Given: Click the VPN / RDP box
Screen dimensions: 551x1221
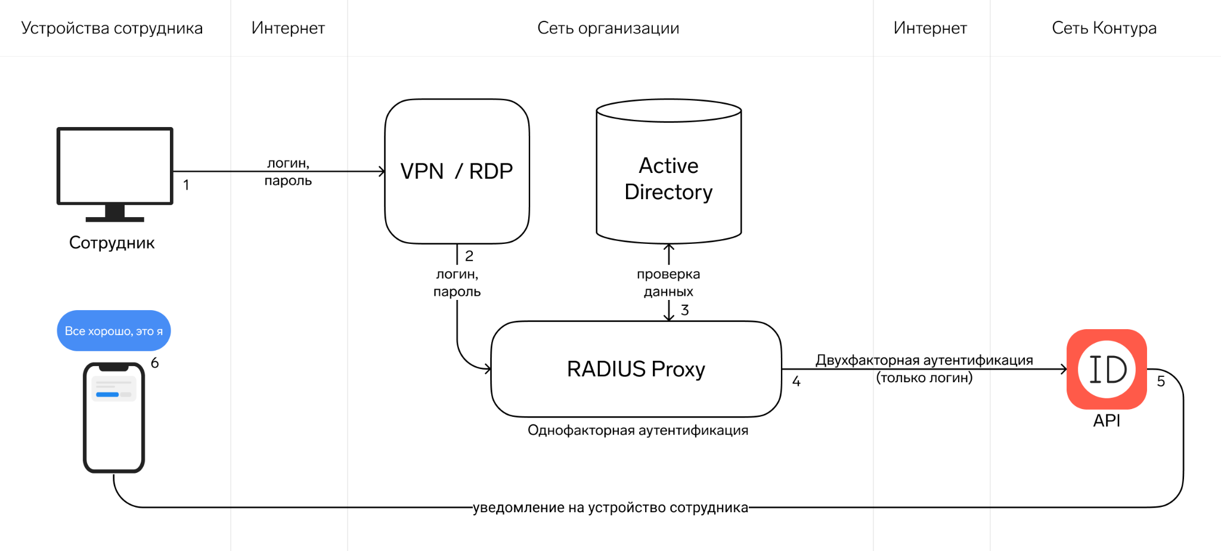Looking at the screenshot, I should point(457,171).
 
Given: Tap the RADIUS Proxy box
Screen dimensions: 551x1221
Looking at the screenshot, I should point(636,369).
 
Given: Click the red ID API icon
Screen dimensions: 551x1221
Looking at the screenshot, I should point(1107,369).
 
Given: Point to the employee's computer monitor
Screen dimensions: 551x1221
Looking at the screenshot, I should point(114,167).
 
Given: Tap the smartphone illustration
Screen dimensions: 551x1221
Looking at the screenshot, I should point(114,417).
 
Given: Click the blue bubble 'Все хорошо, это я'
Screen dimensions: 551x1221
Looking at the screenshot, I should point(114,331).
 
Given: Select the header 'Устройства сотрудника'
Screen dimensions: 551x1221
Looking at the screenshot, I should point(112,28).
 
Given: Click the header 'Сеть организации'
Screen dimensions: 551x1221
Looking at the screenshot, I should point(608,28).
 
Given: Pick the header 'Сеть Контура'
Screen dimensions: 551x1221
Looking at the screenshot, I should point(1104,28).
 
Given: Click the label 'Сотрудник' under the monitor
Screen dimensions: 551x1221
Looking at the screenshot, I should point(112,243).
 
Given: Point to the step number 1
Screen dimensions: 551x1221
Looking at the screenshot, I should point(186,185).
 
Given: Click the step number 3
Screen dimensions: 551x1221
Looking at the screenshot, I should point(685,310).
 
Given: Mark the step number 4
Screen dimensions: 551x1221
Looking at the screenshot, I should point(796,382).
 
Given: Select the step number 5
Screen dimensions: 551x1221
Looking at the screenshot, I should point(1161,382).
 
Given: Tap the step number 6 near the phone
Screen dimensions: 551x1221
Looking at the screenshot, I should point(155,363).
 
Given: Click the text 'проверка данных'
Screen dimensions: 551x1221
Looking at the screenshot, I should point(668,283).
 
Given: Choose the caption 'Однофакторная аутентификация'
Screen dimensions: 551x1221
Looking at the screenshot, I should point(638,431).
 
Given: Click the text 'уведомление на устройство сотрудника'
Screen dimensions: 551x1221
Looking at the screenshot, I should point(610,507).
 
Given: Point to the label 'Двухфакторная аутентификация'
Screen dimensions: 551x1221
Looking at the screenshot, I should point(924,360).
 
